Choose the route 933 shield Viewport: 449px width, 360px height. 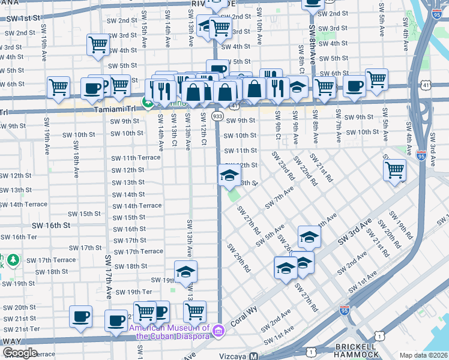[x=217, y=115]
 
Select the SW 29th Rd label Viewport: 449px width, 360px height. [x=238, y=258]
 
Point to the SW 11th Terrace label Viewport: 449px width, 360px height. [x=136, y=158]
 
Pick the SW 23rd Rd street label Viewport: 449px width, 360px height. [x=282, y=165]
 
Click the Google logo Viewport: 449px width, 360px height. [x=19, y=353]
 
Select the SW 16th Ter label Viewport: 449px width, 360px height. [x=20, y=237]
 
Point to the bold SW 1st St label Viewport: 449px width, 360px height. [x=23, y=19]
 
